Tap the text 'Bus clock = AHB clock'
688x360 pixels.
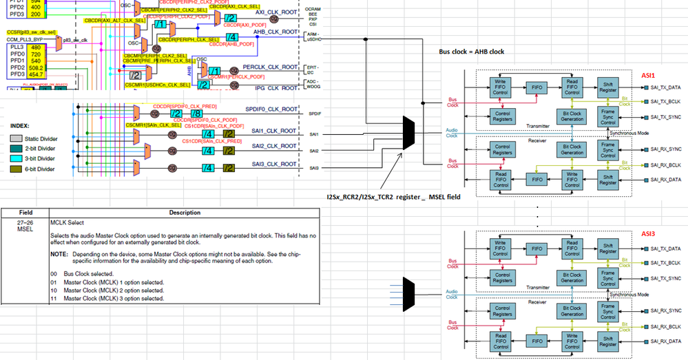[475, 52]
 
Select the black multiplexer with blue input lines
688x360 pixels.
[407, 291]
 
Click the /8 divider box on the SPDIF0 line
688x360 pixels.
[196, 113]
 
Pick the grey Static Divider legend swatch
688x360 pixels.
[17, 138]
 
